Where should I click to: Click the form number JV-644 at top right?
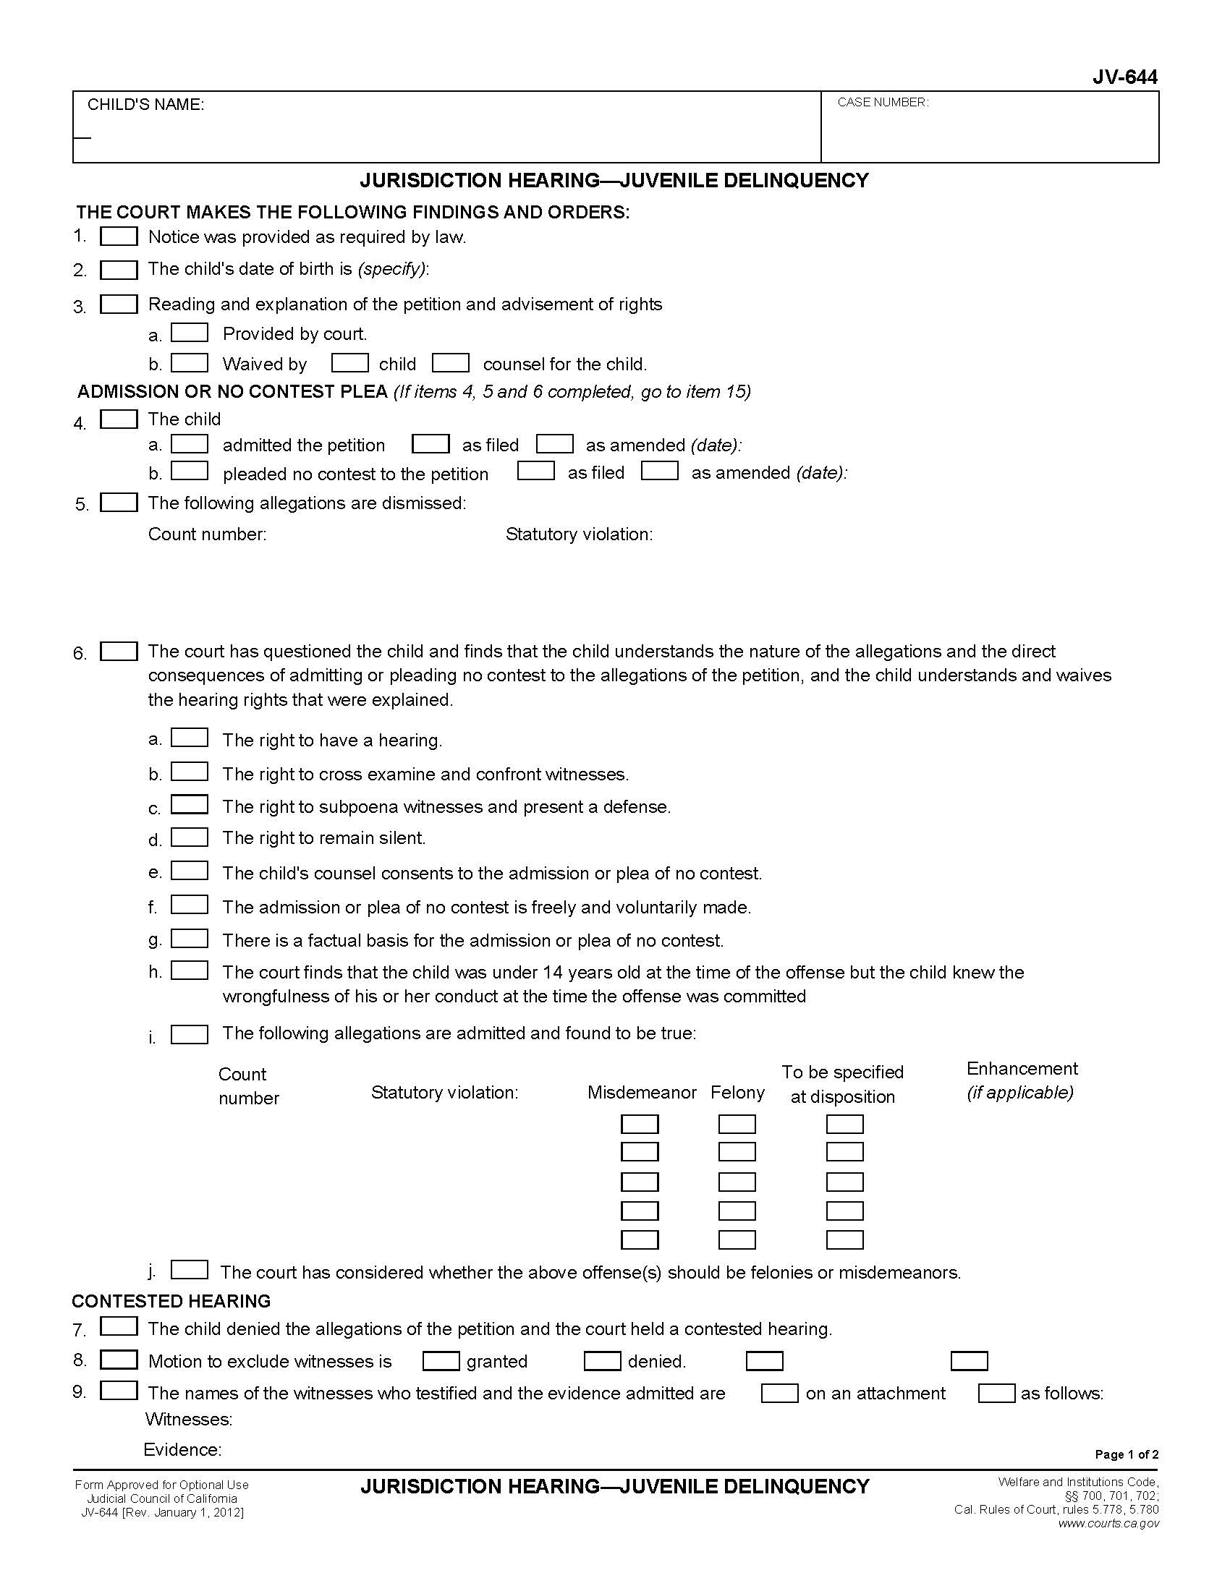(x=1124, y=77)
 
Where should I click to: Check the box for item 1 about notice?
(x=119, y=236)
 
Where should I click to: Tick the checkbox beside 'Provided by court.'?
(x=190, y=333)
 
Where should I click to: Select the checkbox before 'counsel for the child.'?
(x=450, y=363)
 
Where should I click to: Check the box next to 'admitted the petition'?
(x=190, y=443)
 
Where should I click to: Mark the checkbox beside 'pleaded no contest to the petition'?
(x=190, y=472)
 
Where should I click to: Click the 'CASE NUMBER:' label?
(x=883, y=103)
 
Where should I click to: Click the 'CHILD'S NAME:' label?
(x=145, y=105)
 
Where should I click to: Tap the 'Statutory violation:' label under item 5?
(x=579, y=534)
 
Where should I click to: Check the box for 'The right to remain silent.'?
(x=190, y=837)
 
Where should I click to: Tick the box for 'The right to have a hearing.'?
(x=190, y=738)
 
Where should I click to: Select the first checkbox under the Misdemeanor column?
(x=639, y=1124)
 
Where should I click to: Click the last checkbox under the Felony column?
(x=737, y=1240)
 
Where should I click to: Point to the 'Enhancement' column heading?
(x=1022, y=1069)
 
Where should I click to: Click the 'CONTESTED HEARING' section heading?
(x=171, y=1301)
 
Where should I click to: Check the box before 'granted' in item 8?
(x=441, y=1361)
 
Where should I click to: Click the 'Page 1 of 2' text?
(x=1126, y=1455)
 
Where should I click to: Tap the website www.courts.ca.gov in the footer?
(x=1108, y=1523)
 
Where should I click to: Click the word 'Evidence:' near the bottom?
(x=182, y=1450)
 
